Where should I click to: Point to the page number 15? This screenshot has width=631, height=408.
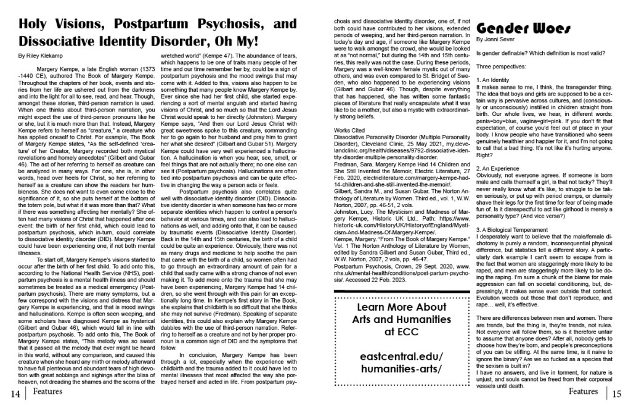pos(617,393)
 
